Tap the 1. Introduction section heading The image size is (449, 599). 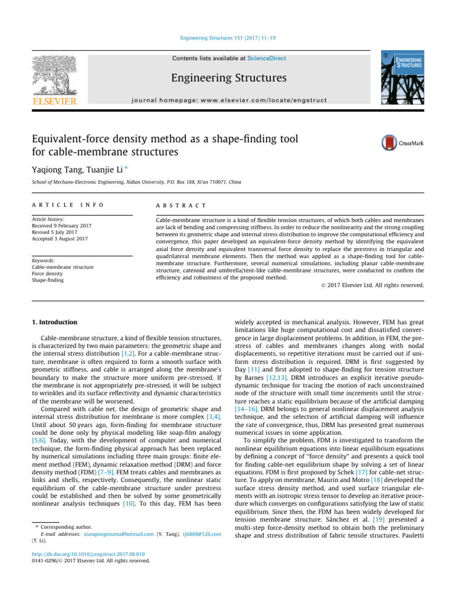pyautogui.click(x=53, y=322)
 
